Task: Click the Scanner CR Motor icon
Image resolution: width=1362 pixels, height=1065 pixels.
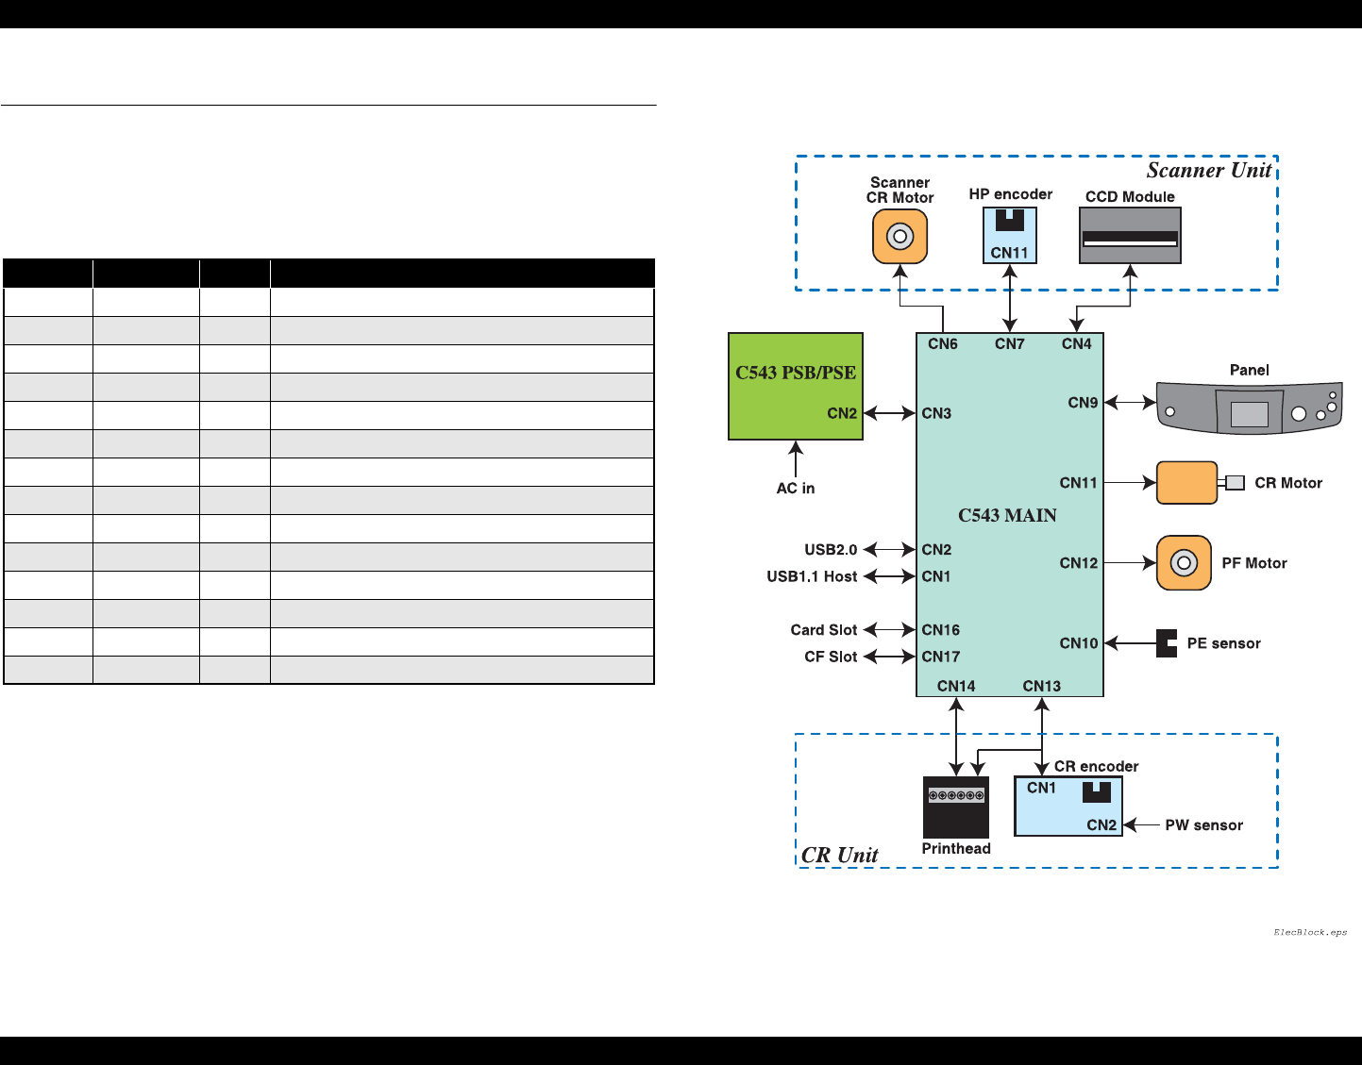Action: point(900,236)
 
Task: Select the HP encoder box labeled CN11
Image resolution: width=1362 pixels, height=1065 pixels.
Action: point(1010,235)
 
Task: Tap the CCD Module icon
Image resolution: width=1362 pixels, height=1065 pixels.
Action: point(1130,236)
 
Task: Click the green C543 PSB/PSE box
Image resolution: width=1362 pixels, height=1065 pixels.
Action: point(796,386)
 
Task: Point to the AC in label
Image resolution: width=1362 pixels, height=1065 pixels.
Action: point(796,488)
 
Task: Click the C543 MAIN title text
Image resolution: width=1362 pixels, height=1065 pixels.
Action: point(1007,515)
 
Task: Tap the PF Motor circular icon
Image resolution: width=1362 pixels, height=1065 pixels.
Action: point(1184,563)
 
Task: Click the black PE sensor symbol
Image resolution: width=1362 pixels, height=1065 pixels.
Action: point(1167,643)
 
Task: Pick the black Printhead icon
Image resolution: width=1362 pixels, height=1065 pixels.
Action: point(956,807)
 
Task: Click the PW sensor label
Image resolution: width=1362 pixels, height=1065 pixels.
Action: point(1203,824)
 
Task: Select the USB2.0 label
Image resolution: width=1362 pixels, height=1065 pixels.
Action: point(831,549)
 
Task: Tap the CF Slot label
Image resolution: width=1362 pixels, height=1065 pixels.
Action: point(831,657)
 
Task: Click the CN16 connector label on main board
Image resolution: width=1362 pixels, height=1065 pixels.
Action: point(941,629)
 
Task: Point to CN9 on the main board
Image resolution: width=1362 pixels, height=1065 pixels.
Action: point(1083,403)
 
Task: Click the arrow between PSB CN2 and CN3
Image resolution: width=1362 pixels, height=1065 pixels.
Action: point(890,413)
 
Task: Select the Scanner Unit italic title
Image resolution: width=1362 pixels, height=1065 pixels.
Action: point(1209,171)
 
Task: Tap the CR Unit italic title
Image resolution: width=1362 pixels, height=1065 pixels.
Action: point(839,855)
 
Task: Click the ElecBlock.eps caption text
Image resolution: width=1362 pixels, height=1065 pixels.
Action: point(1310,932)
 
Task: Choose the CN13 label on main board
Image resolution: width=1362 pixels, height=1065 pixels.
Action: point(1042,686)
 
